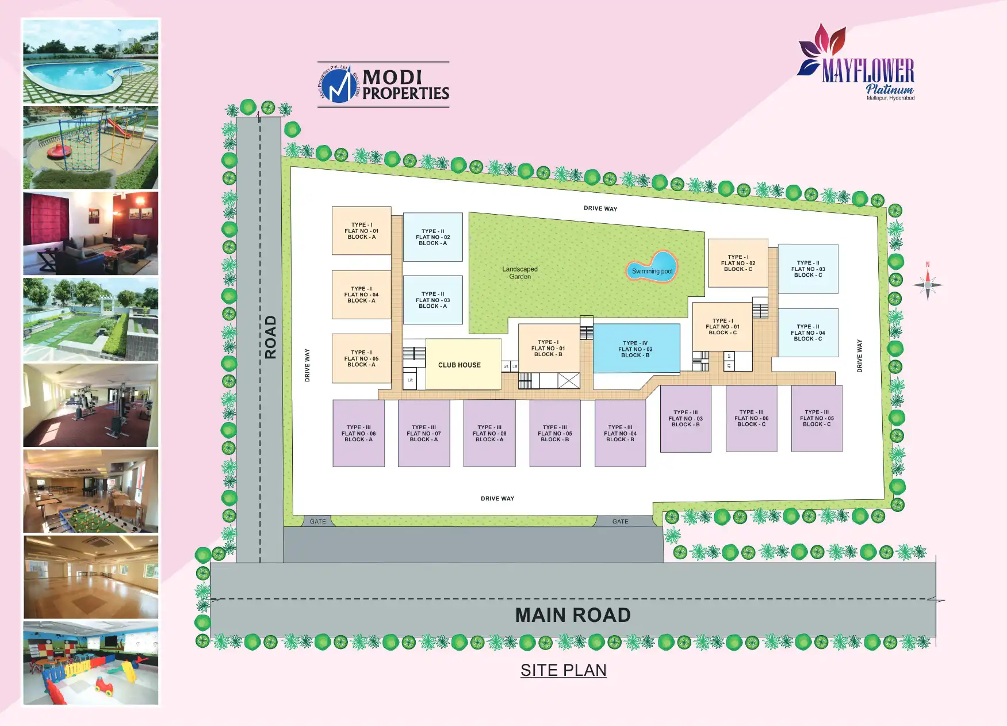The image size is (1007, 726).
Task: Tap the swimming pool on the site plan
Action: [652, 267]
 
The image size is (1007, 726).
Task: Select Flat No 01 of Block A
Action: [361, 231]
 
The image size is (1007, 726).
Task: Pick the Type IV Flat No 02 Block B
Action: [636, 349]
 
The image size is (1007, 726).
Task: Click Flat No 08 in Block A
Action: [489, 433]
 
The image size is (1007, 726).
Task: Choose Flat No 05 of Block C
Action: [817, 418]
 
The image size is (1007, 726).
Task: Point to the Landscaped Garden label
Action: [520, 273]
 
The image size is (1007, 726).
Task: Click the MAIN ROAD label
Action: [573, 615]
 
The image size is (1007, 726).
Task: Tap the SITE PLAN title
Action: [563, 670]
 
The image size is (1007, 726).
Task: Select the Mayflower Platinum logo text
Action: [868, 72]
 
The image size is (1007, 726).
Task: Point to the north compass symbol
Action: [927, 284]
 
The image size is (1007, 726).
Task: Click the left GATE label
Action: [317, 521]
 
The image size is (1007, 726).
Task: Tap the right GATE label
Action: [620, 521]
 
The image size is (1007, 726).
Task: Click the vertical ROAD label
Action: [270, 337]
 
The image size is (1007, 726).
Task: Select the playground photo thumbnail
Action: [91, 147]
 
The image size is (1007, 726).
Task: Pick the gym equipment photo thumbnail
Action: [91, 405]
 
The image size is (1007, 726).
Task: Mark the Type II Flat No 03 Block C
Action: [807, 269]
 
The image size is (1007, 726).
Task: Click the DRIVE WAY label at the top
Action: [600, 208]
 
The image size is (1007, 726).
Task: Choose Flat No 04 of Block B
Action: [620, 433]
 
